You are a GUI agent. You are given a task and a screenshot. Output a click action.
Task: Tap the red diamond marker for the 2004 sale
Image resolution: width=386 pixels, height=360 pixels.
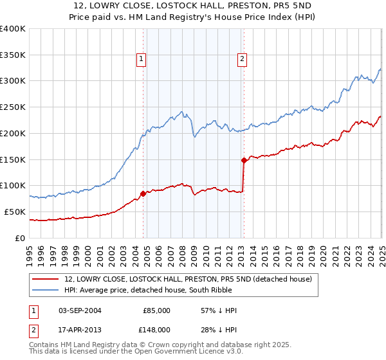142,193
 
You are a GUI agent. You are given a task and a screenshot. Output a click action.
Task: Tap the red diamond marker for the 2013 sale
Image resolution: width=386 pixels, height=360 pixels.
243,160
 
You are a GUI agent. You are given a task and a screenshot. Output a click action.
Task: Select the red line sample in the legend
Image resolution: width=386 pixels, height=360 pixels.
46,279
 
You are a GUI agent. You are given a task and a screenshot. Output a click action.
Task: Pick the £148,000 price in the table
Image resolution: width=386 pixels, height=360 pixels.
156,329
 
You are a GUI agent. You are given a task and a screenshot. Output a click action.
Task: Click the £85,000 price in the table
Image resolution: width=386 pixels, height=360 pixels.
156,310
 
